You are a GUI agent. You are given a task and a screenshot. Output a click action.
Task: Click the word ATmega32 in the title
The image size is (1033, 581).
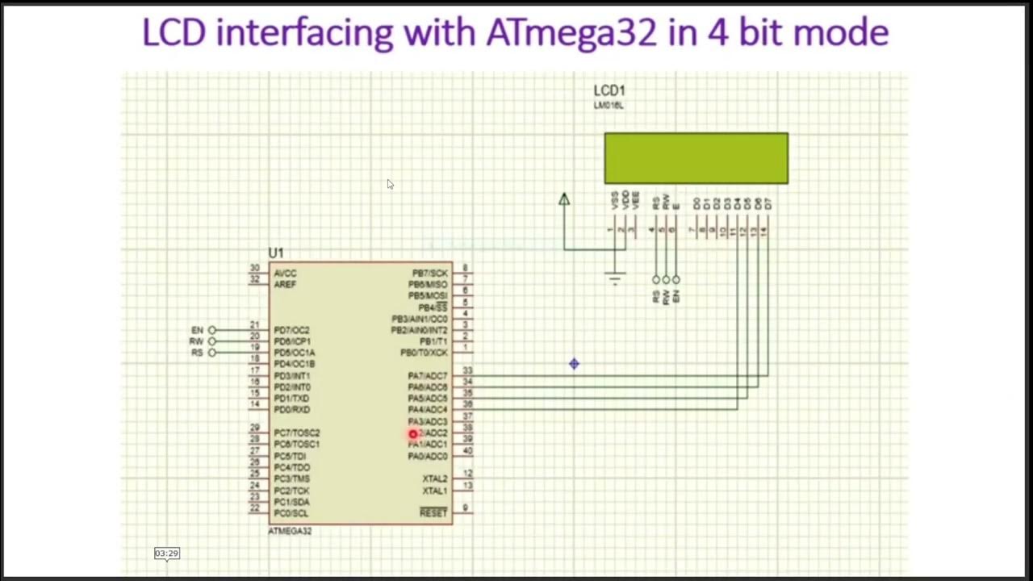(571, 32)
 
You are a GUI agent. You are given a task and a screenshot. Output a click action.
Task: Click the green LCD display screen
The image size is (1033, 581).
(696, 158)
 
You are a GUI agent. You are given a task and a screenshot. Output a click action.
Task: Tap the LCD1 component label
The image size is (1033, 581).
(609, 90)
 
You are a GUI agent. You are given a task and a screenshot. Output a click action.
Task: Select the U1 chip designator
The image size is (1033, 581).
(276, 253)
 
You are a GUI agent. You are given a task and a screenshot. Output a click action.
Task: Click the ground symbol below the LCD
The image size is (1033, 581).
(615, 279)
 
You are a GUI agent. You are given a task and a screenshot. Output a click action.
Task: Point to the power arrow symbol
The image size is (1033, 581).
(564, 199)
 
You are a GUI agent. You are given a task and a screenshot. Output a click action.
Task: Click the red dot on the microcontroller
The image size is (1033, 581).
(413, 435)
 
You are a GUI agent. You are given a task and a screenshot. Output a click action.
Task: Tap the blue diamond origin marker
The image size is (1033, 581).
(574, 365)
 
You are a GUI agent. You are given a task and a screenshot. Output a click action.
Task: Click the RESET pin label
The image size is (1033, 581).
(433, 513)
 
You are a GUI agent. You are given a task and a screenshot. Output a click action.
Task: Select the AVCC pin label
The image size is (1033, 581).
(285, 274)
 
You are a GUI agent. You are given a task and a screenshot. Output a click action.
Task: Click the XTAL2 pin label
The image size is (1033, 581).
(434, 479)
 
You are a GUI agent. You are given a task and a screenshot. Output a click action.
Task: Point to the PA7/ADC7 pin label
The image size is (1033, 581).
(427, 376)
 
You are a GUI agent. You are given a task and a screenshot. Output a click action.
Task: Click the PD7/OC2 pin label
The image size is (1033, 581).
(291, 330)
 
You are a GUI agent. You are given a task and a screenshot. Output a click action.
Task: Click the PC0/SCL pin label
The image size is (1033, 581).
(291, 513)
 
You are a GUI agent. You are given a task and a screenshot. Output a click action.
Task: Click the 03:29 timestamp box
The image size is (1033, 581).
(166, 554)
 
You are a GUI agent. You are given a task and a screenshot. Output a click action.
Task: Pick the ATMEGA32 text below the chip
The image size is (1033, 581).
(290, 531)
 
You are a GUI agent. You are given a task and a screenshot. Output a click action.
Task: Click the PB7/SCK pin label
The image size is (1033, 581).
(429, 274)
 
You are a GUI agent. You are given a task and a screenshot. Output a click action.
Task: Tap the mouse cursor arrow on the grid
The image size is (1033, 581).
(390, 185)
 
